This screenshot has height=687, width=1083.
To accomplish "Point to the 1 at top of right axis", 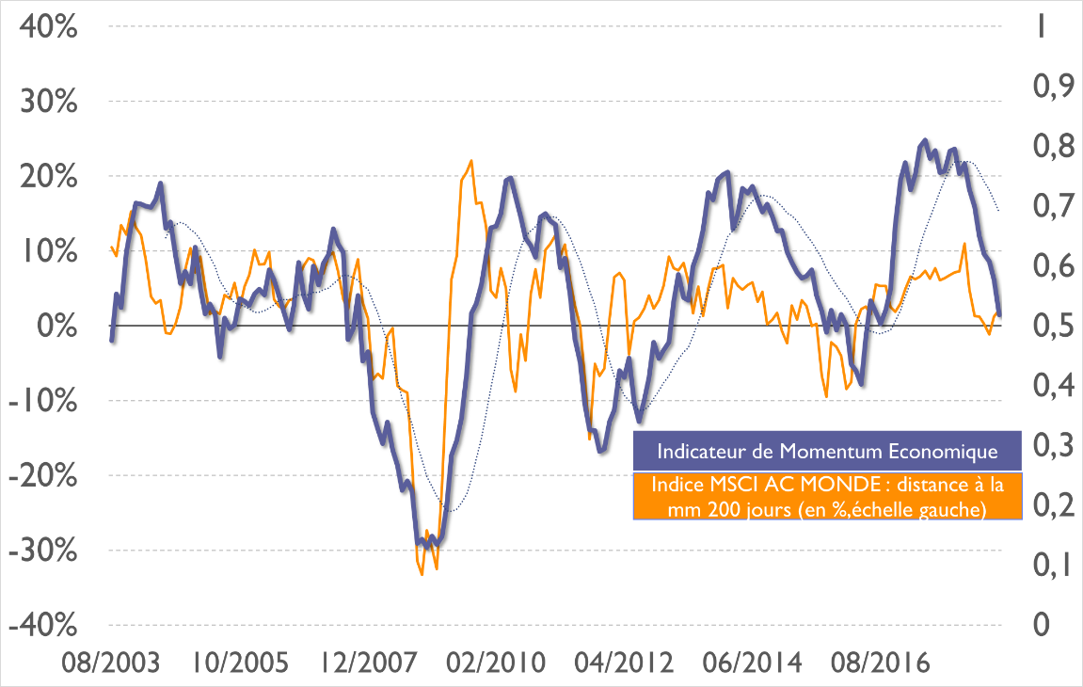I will [1041, 26].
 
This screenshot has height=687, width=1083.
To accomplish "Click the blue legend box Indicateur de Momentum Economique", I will [826, 451].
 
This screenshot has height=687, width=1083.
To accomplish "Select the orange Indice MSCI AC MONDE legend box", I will [826, 497].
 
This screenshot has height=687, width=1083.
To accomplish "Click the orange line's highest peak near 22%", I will [470, 161].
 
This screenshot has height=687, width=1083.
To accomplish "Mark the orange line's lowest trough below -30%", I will [422, 574].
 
